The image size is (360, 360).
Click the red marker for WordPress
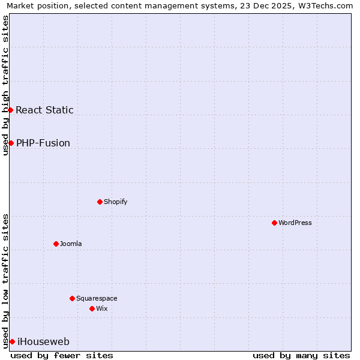(x=274, y=223)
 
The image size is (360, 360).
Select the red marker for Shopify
(x=100, y=202)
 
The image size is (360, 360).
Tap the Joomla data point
(x=56, y=244)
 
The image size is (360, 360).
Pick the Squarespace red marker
(x=72, y=298)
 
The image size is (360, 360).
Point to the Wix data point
(x=92, y=308)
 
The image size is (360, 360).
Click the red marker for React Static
(x=10, y=110)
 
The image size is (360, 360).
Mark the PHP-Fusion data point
(x=11, y=143)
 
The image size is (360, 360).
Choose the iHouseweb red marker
(x=12, y=341)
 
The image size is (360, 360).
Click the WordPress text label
(x=295, y=223)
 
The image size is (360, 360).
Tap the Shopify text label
(x=116, y=202)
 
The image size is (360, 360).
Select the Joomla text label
(x=71, y=244)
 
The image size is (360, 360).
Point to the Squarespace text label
(x=97, y=298)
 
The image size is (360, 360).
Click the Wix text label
(x=102, y=308)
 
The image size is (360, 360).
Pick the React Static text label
(x=44, y=110)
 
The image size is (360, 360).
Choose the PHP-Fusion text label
(x=43, y=143)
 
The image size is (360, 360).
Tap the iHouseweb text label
(x=43, y=342)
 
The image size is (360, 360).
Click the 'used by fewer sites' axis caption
(x=62, y=355)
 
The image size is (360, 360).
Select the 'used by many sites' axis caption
(x=301, y=355)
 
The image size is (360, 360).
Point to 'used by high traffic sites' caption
(x=6, y=85)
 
